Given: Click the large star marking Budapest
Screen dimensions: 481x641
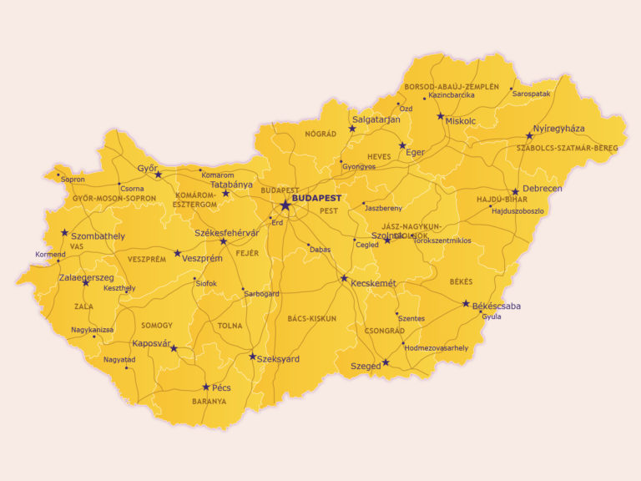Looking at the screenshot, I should (285, 205).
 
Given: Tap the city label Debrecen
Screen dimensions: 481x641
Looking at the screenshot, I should (542, 189).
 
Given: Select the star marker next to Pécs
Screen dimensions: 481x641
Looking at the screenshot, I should (206, 387).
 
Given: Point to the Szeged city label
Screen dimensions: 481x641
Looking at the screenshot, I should (366, 366).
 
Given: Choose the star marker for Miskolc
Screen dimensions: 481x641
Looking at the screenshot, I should (441, 116).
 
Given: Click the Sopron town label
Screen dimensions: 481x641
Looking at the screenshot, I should (73, 180).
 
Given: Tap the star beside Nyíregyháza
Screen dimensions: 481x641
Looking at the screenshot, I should (529, 135).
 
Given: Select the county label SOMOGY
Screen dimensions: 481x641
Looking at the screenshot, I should (157, 325).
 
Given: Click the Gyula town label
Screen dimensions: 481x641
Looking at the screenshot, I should (492, 316).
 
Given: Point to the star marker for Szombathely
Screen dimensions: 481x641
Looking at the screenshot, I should (64, 233).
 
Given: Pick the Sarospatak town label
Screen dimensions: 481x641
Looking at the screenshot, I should (532, 94).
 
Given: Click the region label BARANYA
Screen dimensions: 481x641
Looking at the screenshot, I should (209, 402).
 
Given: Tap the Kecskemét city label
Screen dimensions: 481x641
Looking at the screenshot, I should (373, 284).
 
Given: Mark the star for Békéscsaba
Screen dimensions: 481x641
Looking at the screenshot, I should (466, 304).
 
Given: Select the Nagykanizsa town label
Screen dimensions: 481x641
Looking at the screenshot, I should (92, 330).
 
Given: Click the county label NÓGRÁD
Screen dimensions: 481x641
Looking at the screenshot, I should (320, 134).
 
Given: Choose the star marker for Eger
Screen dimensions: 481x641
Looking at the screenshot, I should (402, 145).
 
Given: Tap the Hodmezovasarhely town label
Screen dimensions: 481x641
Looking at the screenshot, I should (438, 347).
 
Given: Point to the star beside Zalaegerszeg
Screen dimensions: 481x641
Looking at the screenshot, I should (86, 282).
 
